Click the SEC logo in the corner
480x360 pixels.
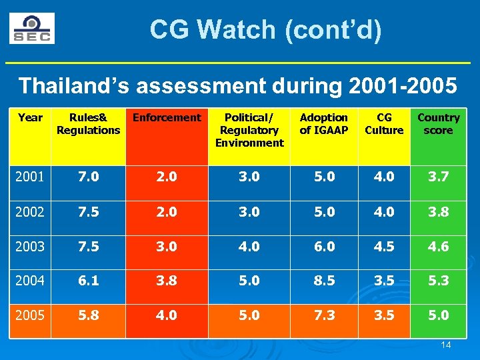(32, 29)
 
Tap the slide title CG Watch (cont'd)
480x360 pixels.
(265, 29)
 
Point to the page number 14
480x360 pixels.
(446, 345)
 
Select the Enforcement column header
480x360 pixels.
(167, 118)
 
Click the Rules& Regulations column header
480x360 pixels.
(88, 124)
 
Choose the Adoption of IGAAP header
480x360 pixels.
(324, 124)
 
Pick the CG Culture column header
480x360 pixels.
(384, 124)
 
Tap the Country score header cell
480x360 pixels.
(438, 124)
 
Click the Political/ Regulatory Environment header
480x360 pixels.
(249, 130)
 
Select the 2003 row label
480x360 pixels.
(30, 246)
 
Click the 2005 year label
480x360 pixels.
(30, 315)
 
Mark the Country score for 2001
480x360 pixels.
(438, 178)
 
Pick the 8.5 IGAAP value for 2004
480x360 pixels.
(324, 280)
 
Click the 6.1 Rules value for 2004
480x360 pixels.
(88, 280)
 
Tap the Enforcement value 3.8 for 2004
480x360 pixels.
(167, 280)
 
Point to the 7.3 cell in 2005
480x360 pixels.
(324, 315)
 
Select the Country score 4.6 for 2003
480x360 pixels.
(438, 246)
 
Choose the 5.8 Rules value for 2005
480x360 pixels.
(88, 315)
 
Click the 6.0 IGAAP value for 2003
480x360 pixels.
(324, 246)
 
